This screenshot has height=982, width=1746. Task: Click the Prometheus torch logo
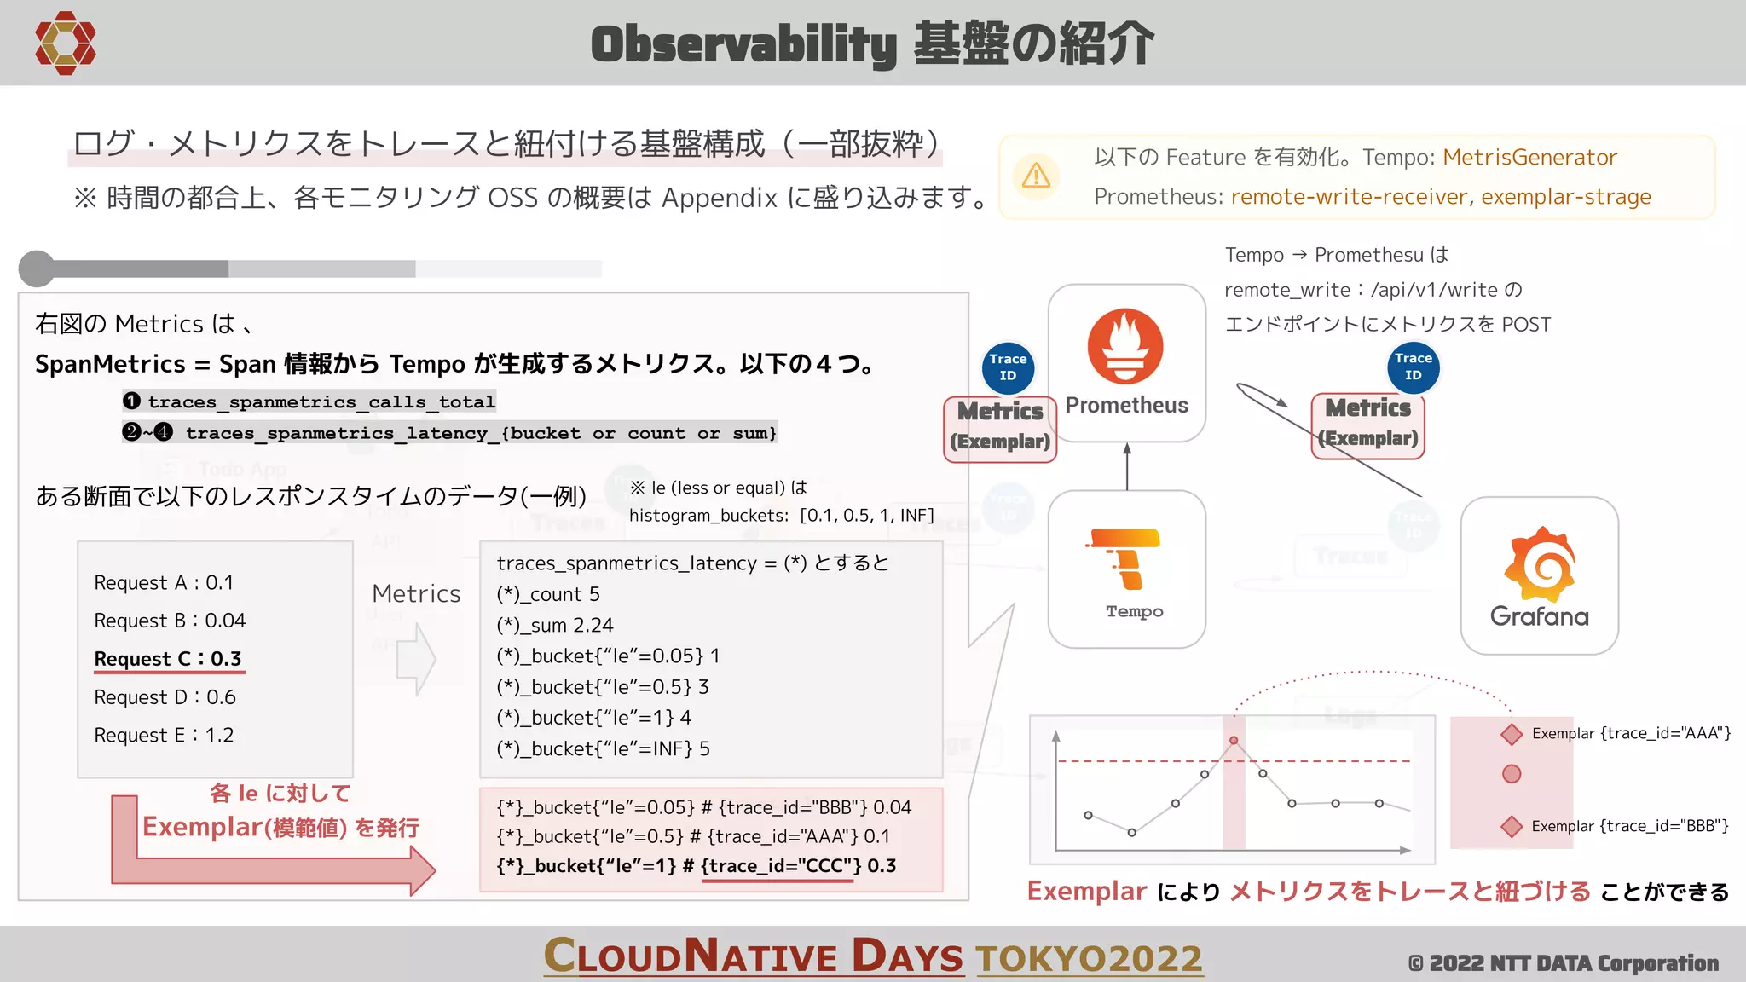1125,346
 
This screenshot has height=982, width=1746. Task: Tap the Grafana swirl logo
1539,564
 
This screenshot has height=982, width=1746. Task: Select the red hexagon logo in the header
65,43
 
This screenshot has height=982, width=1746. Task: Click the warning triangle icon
1036,176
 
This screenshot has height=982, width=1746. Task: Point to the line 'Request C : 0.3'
168,659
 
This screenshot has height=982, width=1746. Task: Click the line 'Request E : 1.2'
164,735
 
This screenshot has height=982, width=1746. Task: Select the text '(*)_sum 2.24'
554,625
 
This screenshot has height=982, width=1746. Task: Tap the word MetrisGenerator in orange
1529,158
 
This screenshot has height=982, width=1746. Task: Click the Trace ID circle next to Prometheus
1008,367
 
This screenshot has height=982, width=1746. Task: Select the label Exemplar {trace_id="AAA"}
1630,733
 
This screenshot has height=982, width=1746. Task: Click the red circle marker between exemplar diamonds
1512,774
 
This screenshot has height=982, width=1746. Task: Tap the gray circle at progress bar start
37,269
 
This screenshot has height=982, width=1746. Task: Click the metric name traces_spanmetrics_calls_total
321,401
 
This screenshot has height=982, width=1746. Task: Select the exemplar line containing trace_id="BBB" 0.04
704,807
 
